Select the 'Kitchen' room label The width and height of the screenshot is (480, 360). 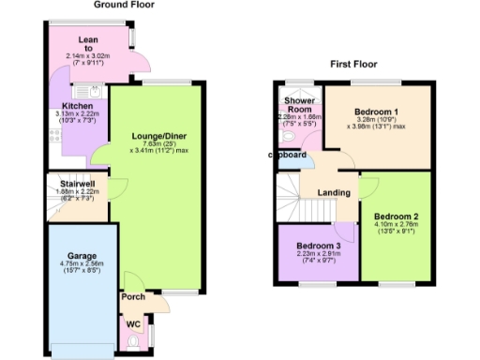[78, 106]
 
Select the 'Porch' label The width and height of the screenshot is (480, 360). [131, 298]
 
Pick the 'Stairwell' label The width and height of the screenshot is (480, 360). [76, 184]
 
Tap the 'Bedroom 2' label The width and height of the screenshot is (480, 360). [397, 217]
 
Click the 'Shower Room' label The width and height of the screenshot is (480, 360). [298, 103]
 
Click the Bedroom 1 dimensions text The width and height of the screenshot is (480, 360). [382, 125]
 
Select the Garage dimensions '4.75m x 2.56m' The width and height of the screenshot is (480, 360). [82, 265]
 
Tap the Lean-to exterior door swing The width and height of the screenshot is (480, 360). [140, 63]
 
